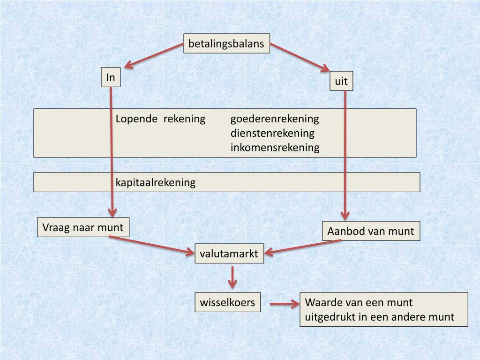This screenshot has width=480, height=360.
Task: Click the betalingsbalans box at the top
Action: (x=226, y=44)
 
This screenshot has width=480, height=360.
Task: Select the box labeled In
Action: (x=111, y=77)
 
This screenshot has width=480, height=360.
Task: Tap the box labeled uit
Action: (x=341, y=82)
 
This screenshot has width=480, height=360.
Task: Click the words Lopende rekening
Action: (x=160, y=119)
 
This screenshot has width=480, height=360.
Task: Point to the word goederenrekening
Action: (x=274, y=119)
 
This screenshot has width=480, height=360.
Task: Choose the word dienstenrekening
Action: (x=272, y=133)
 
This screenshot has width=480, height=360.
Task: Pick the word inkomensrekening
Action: (x=275, y=148)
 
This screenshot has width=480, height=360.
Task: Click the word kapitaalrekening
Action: (x=155, y=182)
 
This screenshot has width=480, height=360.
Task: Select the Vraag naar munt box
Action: (x=83, y=228)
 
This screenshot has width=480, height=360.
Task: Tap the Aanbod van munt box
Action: (x=371, y=231)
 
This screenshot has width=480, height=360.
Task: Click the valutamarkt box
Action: (x=229, y=254)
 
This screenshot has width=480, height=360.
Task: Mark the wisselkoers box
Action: (x=227, y=302)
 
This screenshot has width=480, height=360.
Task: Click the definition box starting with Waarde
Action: (x=383, y=309)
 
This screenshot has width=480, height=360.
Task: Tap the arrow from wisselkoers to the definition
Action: (x=285, y=304)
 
